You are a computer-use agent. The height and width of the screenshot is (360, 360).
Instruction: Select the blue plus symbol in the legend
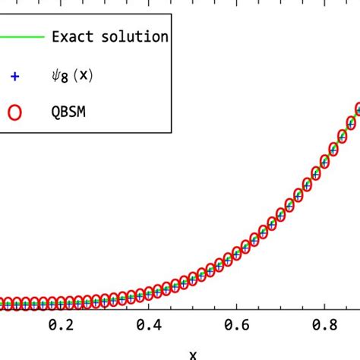pos(14,75)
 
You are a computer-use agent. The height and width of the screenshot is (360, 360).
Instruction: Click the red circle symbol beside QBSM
pos(14,112)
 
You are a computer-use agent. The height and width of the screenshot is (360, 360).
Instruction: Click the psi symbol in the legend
pos(56,74)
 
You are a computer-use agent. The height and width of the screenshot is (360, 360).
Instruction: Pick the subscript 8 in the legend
pos(66,77)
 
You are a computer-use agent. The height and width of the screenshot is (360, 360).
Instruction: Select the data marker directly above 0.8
pos(324,161)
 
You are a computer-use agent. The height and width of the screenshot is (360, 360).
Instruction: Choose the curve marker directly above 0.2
pos(60,302)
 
